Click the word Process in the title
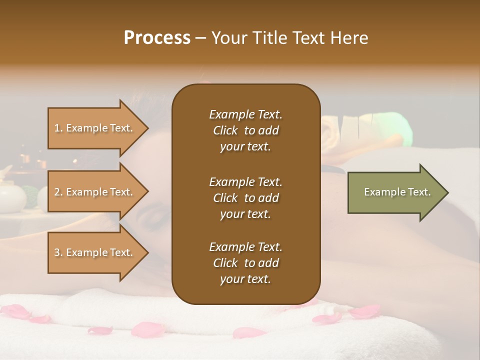(157, 38)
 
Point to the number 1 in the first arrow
(57, 128)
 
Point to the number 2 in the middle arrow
(57, 192)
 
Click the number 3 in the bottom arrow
(57, 252)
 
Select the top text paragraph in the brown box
(245, 130)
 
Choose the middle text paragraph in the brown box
(245, 198)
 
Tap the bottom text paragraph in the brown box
(245, 263)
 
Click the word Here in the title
(350, 38)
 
